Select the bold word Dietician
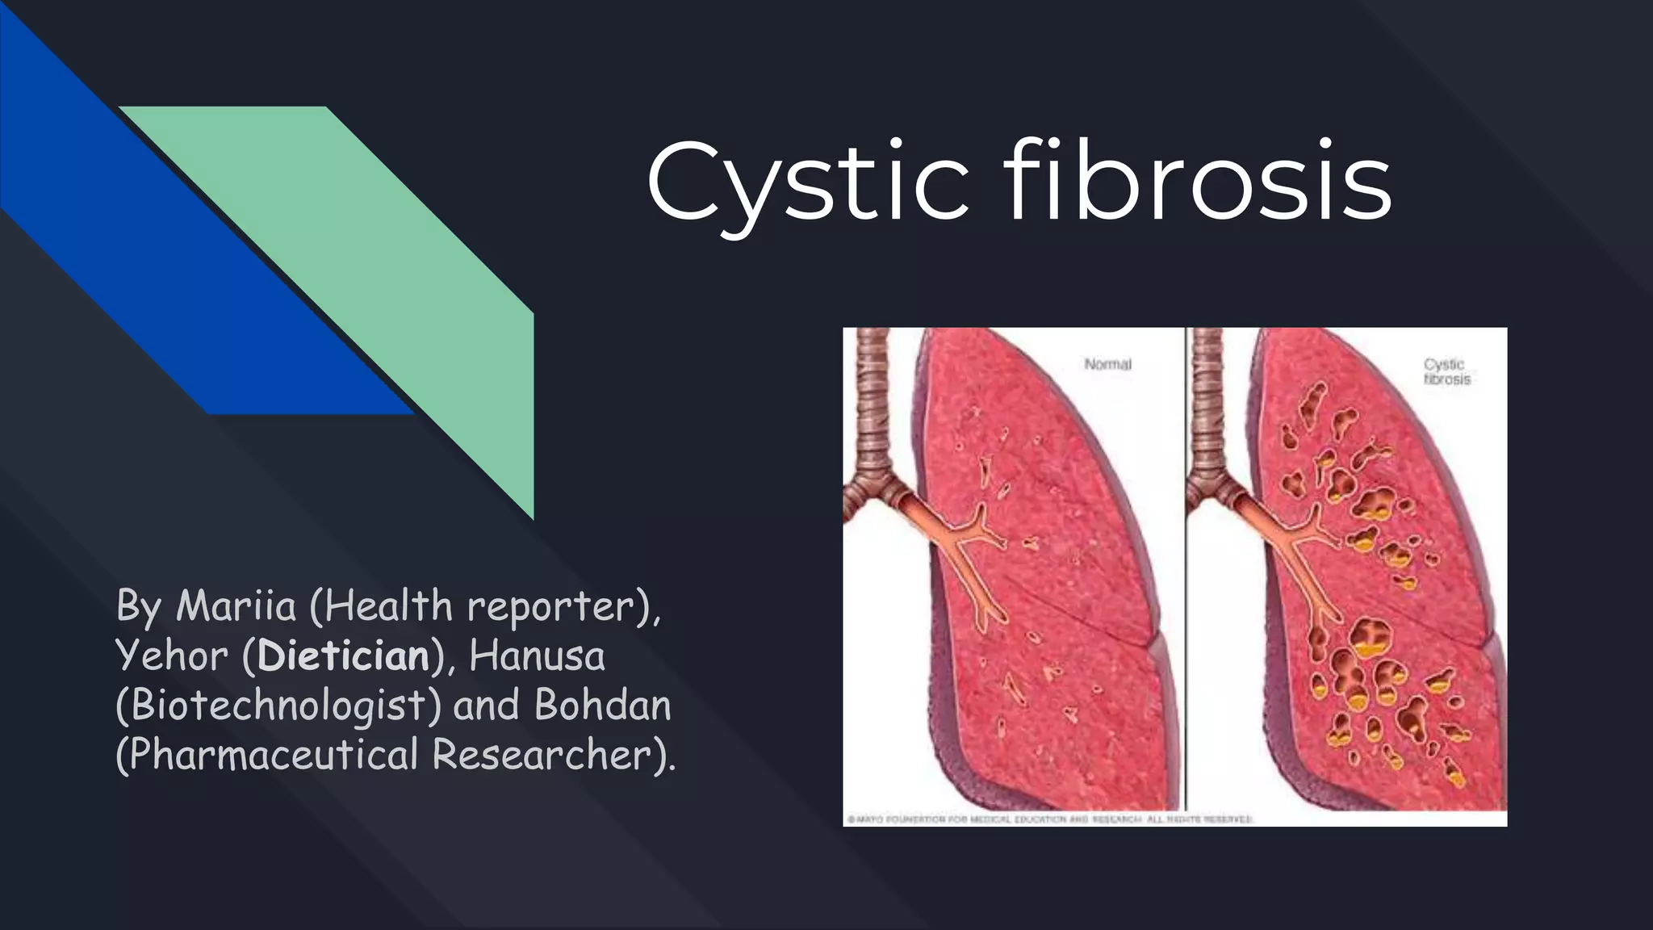[x=343, y=656]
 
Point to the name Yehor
[x=171, y=656]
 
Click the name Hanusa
[x=537, y=656]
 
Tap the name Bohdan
[x=602, y=706]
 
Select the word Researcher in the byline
[x=542, y=756]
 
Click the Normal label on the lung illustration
[x=1107, y=365]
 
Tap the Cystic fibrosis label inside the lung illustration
[x=1446, y=372]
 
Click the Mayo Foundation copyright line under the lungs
[x=1049, y=819]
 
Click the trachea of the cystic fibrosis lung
[x=1208, y=404]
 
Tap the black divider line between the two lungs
[x=1186, y=565]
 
